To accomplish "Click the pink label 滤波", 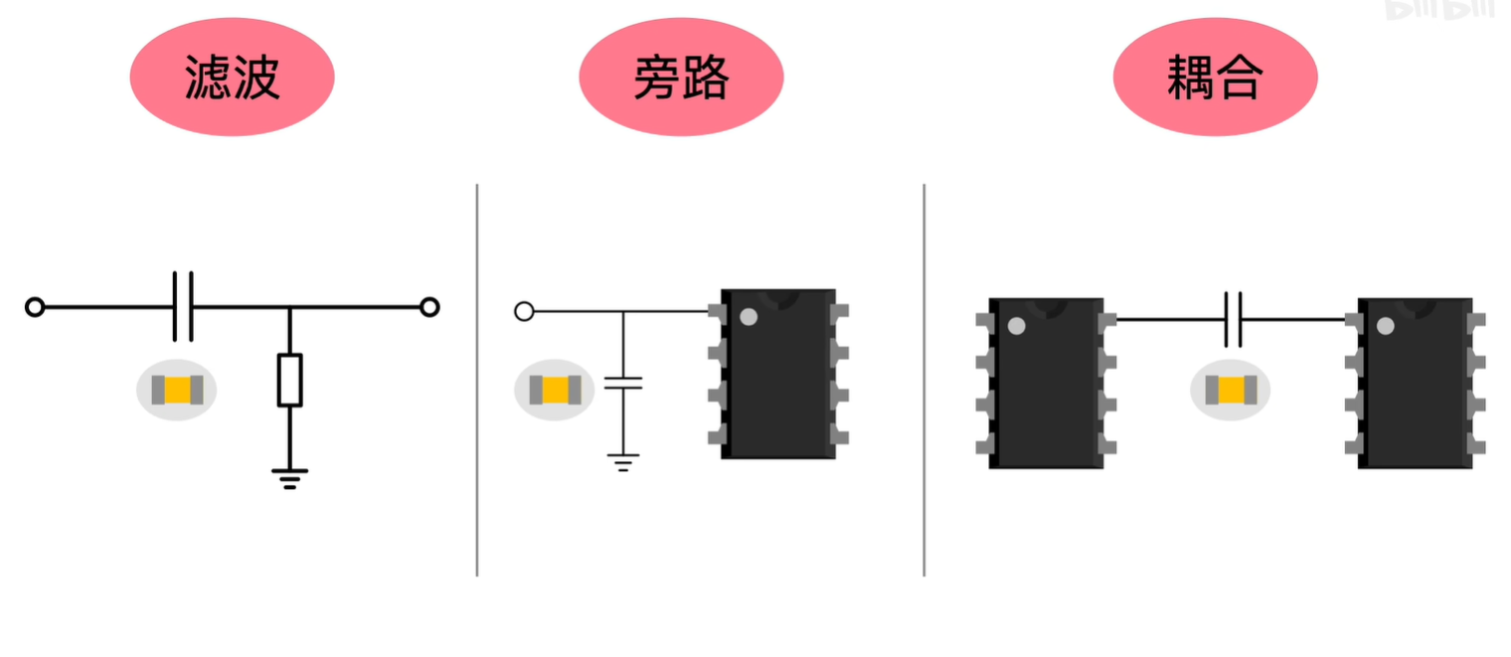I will click(x=232, y=78).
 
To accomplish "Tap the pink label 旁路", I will click(x=681, y=78).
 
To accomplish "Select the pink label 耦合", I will click(x=1215, y=78).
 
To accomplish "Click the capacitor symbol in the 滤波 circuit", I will click(x=183, y=306).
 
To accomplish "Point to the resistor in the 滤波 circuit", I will click(x=289, y=379).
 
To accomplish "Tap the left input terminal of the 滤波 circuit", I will click(x=35, y=307).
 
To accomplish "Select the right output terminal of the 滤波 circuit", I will click(x=429, y=307).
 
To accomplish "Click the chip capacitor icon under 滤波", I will click(x=177, y=390).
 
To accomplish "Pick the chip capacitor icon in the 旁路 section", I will click(x=554, y=390).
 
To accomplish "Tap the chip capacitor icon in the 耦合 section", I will click(x=1231, y=390).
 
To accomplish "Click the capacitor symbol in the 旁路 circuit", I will click(x=623, y=382).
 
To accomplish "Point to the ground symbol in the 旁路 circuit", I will click(x=623, y=462).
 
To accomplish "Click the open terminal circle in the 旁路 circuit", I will click(x=524, y=311).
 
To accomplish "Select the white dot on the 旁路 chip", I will click(x=749, y=316).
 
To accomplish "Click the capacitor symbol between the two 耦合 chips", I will click(x=1233, y=319).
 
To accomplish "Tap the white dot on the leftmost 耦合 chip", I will click(x=1016, y=325).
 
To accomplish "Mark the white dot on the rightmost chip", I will click(x=1385, y=325).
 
